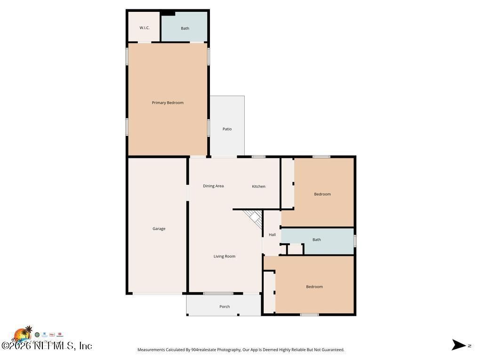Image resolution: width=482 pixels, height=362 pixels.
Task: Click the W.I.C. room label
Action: (145, 28)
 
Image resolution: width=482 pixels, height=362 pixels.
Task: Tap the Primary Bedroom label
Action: (168, 103)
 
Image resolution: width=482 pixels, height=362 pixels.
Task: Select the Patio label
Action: (227, 129)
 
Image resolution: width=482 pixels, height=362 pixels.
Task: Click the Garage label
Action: (159, 229)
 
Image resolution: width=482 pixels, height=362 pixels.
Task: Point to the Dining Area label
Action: (213, 186)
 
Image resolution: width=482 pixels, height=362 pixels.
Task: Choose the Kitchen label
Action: (258, 187)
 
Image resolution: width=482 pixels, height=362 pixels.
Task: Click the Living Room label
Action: (224, 256)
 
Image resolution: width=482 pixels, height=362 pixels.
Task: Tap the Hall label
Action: (272, 235)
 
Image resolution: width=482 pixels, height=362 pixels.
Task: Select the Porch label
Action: (225, 307)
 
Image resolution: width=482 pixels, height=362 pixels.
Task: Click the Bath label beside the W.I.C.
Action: (185, 28)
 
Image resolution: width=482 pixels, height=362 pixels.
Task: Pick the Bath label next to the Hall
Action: (317, 240)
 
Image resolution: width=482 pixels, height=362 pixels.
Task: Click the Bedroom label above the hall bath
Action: (322, 194)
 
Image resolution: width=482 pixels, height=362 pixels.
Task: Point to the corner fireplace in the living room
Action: (255, 219)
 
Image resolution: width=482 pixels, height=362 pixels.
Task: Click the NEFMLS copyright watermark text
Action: (47, 346)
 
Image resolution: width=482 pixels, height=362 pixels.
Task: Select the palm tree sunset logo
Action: (22, 334)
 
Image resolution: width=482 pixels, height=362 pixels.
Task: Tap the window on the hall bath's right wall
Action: (355, 241)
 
